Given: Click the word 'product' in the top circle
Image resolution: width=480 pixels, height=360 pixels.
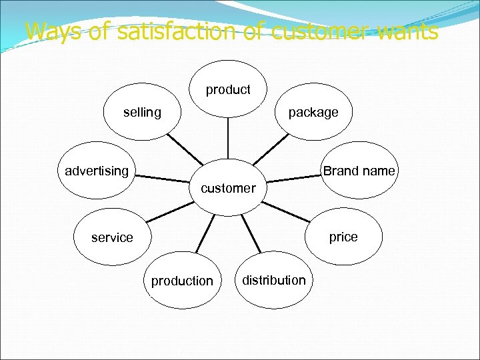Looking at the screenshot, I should (228, 89).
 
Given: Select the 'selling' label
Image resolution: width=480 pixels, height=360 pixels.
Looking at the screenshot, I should (142, 113).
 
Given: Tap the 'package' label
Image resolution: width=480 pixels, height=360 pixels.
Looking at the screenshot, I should (313, 113).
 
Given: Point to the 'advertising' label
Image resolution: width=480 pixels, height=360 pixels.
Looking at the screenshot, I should (97, 171).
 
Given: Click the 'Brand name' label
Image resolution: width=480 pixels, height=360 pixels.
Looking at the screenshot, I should (359, 171).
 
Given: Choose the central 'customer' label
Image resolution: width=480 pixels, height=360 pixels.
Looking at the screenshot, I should (228, 188).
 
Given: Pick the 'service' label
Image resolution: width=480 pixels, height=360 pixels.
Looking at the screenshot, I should (112, 237).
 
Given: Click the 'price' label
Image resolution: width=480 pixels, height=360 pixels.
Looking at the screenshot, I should (343, 237).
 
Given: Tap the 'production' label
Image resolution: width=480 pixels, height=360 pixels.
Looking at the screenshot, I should (182, 281).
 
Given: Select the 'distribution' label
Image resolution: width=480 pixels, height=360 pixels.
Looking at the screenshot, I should (274, 280).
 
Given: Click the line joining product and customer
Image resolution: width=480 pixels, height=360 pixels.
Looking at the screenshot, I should (228, 139).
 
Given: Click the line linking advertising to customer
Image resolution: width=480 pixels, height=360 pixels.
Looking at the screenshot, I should (163, 178).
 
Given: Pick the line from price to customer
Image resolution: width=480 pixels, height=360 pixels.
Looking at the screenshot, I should (287, 211).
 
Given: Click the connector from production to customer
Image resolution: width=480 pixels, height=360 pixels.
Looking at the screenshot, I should (205, 234).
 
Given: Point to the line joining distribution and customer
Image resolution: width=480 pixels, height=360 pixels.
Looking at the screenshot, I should (251, 233).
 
